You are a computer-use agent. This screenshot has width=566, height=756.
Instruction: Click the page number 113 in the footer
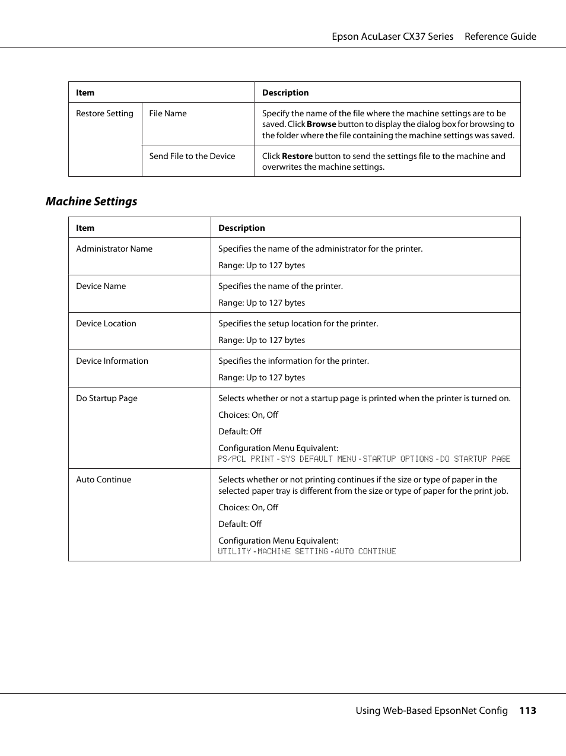(527, 710)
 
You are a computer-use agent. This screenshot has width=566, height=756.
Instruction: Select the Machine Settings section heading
(91, 201)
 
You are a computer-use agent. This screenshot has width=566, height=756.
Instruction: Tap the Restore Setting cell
(104, 113)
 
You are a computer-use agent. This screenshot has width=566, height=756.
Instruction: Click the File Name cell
(168, 113)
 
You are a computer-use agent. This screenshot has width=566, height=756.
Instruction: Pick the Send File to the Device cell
(192, 156)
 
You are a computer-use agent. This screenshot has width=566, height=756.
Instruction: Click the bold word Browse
(322, 124)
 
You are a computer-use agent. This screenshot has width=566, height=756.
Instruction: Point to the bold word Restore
(297, 156)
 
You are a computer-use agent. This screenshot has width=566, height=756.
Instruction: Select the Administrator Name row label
(114, 249)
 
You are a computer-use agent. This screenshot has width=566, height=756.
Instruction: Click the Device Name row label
(101, 286)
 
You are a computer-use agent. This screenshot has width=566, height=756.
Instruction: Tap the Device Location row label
(106, 323)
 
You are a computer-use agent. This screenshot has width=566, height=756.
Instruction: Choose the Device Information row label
(112, 361)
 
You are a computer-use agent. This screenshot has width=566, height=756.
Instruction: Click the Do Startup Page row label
(107, 398)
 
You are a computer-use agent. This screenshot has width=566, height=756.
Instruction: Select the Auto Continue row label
(104, 479)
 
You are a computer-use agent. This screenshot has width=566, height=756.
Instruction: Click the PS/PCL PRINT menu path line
(364, 459)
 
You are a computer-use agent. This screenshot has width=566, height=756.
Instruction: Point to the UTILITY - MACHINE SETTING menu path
(307, 551)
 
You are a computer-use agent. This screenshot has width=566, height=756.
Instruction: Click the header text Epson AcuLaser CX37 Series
(392, 36)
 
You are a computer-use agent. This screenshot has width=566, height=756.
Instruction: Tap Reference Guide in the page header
(500, 36)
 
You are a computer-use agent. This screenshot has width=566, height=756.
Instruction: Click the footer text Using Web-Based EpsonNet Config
(431, 710)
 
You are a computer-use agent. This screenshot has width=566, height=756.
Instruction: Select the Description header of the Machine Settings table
(241, 228)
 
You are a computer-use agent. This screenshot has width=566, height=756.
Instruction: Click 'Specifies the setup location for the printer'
(298, 323)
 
